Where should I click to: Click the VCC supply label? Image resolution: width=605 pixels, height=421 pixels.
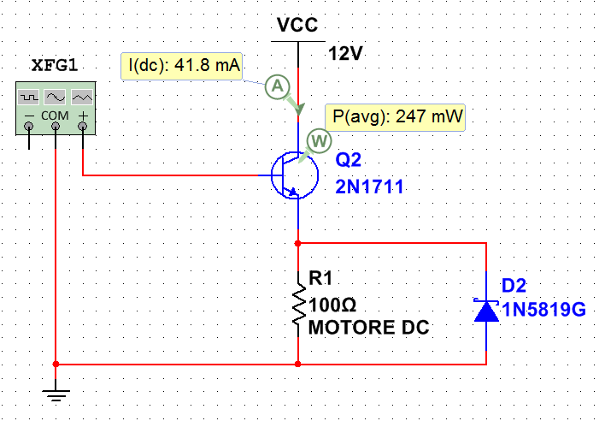click(x=297, y=27)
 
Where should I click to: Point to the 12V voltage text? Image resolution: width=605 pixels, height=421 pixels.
click(x=346, y=53)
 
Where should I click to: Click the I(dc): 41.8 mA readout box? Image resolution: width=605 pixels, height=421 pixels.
click(x=184, y=64)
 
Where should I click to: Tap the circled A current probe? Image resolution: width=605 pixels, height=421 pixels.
click(x=275, y=85)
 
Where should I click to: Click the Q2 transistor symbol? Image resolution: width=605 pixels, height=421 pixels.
click(x=288, y=175)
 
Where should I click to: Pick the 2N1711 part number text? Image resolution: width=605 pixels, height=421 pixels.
click(x=369, y=186)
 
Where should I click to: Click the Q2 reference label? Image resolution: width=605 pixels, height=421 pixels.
click(x=349, y=160)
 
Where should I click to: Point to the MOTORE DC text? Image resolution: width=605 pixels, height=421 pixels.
click(x=368, y=327)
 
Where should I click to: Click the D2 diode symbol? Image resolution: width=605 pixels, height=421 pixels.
click(x=486, y=310)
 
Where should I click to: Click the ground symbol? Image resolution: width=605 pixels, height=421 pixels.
click(x=56, y=394)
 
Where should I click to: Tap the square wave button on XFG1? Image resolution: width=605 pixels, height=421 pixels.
click(x=30, y=96)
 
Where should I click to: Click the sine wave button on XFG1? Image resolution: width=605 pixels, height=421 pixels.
click(x=56, y=96)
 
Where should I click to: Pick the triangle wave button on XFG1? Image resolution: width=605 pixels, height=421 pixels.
click(x=82, y=96)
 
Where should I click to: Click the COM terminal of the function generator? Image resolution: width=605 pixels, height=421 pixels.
click(x=56, y=127)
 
